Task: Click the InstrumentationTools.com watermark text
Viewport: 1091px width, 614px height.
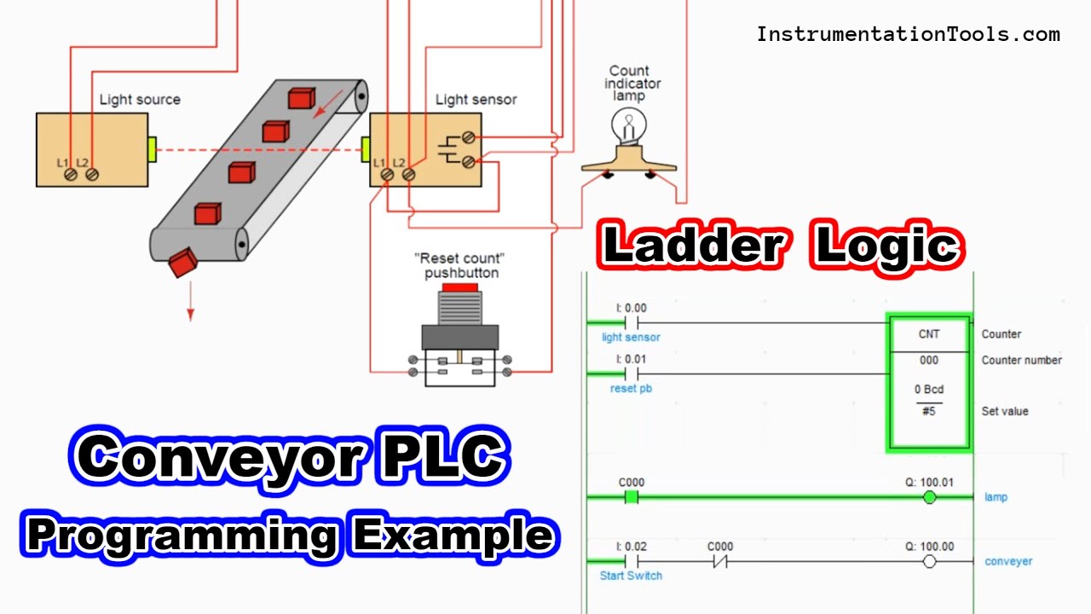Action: tap(909, 35)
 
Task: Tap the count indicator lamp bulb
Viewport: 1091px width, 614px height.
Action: tap(629, 129)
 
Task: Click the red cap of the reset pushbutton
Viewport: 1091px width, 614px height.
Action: tap(459, 288)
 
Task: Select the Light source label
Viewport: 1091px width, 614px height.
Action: tap(140, 100)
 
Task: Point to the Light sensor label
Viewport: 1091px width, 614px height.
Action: tap(476, 100)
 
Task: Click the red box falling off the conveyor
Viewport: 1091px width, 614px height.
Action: tap(182, 264)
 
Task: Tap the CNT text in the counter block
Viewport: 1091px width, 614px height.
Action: tap(928, 334)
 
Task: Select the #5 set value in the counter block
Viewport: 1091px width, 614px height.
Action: tap(928, 411)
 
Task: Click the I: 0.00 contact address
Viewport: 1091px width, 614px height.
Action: tap(631, 308)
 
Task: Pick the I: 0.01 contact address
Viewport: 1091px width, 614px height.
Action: tap(631, 359)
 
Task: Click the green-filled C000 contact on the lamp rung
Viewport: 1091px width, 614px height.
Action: tap(632, 497)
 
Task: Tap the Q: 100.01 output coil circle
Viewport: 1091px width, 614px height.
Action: tap(930, 497)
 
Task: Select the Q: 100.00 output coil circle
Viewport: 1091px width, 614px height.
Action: tap(930, 561)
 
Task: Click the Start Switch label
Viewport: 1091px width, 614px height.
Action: tap(631, 576)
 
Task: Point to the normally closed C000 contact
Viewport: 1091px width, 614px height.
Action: tap(720, 561)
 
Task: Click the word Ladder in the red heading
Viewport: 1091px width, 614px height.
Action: tap(692, 246)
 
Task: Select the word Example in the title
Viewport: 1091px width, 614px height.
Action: tap(452, 535)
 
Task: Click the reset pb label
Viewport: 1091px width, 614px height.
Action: tap(631, 389)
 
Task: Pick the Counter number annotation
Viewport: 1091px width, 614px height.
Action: tap(1021, 360)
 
